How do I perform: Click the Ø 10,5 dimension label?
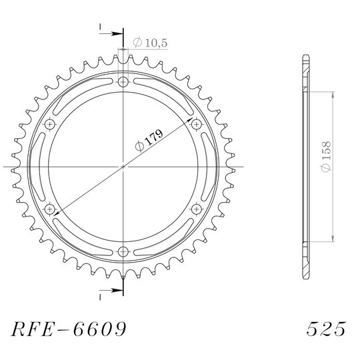(150, 43)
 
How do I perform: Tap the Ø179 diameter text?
(149, 141)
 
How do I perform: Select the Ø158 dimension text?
(326, 157)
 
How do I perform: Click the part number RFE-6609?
(69, 329)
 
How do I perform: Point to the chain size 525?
(326, 329)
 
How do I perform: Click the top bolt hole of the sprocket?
(123, 82)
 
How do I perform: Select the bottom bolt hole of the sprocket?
(123, 251)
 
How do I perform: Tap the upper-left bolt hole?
(49, 125)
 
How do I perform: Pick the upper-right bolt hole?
(197, 125)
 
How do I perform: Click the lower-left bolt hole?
(49, 209)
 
